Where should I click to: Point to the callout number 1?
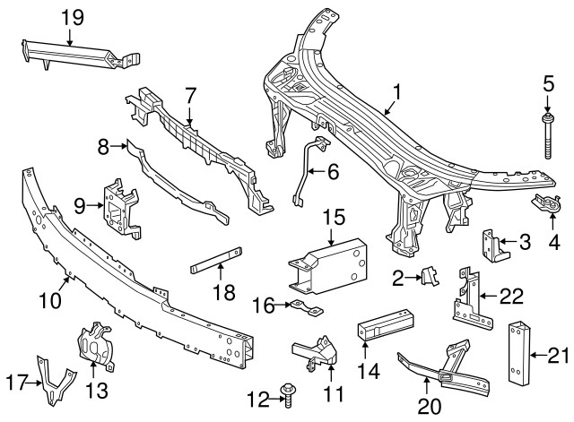tap(396, 92)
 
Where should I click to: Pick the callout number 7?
tap(190, 94)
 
